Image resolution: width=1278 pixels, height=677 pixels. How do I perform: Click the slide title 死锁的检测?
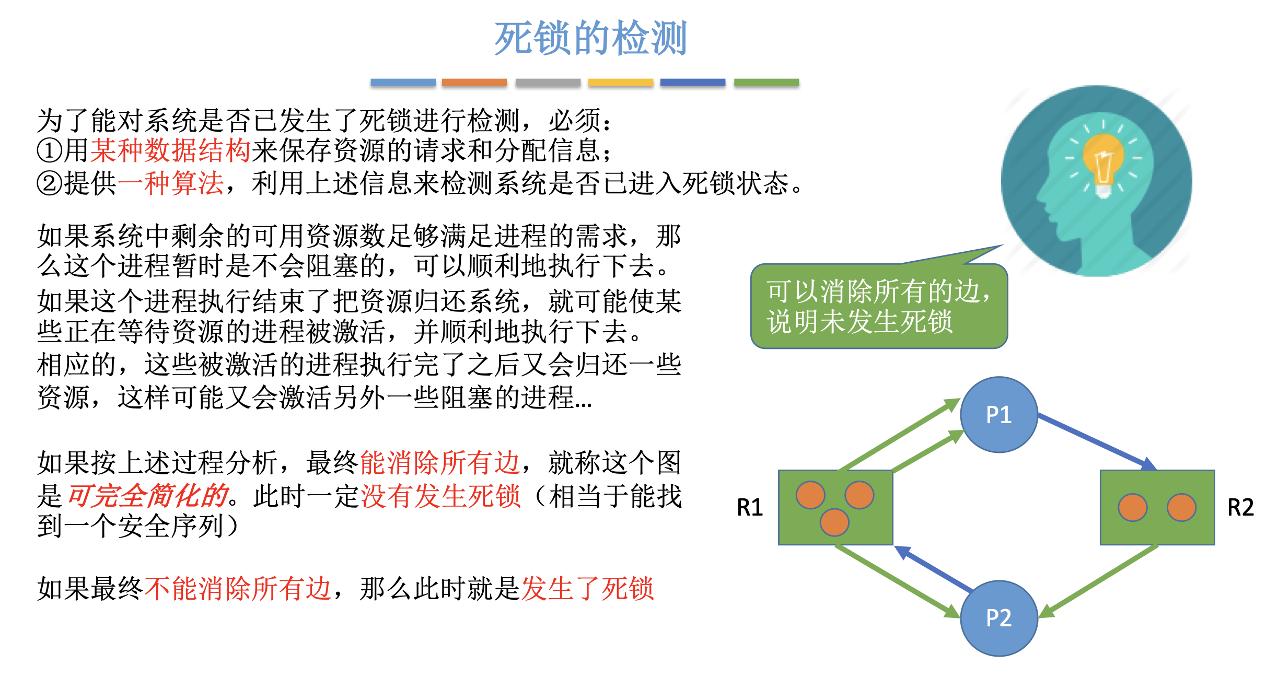pos(590,38)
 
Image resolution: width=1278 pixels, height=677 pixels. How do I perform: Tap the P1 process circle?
pos(998,415)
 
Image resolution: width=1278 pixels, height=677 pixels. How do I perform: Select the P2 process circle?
pos(998,618)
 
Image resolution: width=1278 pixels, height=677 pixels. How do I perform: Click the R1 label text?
pos(750,507)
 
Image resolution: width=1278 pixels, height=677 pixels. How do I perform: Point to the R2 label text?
pos(1240,507)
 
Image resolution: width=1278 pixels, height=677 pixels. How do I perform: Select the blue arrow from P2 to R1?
pos(935,570)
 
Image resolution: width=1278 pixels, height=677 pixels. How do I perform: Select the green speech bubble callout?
pos(879,306)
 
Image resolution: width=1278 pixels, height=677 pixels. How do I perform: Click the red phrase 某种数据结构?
pos(170,150)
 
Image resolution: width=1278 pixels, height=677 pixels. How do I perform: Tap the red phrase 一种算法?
pos(170,183)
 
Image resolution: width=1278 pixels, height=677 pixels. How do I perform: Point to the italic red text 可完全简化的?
pos(148,495)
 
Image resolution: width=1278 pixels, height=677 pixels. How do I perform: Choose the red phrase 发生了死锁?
pos(587,589)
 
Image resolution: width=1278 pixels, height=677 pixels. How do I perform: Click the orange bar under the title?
pos(474,82)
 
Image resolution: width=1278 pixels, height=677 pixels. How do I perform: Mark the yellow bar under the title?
pos(620,82)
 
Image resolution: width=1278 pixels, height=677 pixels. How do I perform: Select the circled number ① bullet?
pos(50,151)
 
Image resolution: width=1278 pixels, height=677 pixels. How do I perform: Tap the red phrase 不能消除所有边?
pos(238,589)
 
